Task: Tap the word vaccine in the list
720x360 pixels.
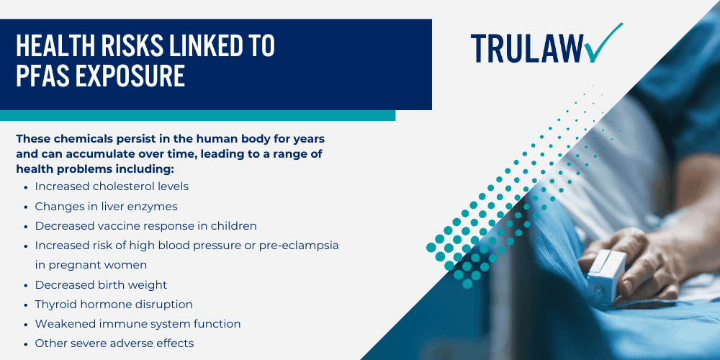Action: tap(115, 225)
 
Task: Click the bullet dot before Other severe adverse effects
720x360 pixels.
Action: tap(26, 343)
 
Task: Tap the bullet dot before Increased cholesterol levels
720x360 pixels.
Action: tap(26, 186)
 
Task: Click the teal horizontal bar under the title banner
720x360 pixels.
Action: tap(197, 115)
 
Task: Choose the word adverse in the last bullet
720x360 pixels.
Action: tap(139, 343)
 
